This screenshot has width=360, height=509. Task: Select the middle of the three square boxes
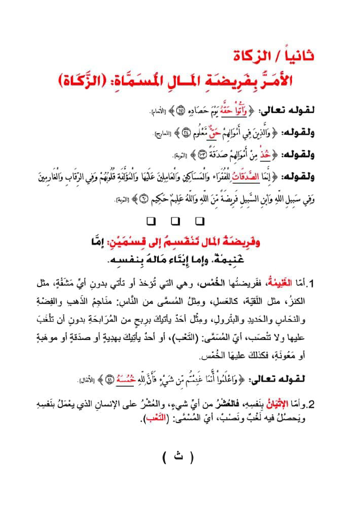[175, 221]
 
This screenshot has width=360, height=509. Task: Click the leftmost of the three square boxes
[152, 221]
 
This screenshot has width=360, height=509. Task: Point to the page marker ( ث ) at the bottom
[177, 457]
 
